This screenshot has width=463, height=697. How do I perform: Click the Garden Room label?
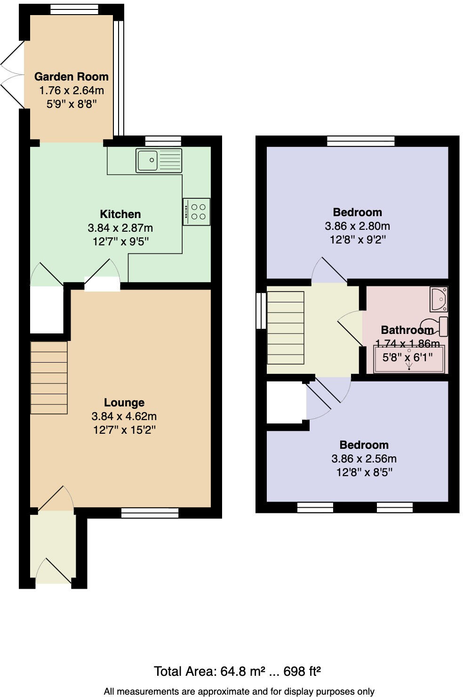coord(71,77)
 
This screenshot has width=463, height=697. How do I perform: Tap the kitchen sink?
coord(159,161)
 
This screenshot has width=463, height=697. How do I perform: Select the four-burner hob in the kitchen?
coord(197,212)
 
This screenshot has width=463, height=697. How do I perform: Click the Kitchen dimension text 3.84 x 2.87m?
coord(120,228)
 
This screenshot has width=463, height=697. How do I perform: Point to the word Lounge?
coord(124,403)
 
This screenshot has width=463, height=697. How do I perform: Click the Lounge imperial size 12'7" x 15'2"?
coord(124,430)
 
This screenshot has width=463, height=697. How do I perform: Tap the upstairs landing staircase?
coord(285,328)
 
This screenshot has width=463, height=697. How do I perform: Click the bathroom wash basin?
coord(439,299)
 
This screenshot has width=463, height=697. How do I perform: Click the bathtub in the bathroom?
coord(408,359)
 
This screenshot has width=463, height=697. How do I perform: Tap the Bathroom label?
coord(407,330)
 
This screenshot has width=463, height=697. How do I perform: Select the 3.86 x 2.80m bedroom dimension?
coord(357,226)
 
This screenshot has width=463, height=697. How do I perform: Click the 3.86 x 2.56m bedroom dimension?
coord(364,459)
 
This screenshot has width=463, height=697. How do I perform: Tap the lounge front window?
coord(150,513)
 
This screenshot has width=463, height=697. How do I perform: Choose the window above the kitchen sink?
coord(163,141)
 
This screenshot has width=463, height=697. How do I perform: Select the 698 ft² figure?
coord(302,671)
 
